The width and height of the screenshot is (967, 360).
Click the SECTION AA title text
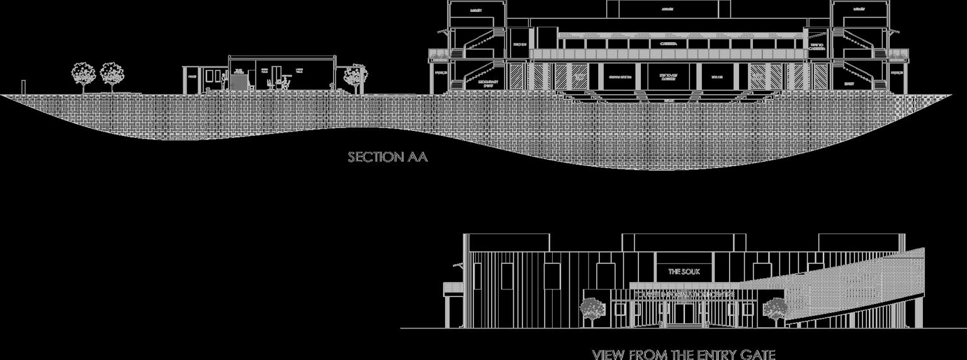(x=388, y=157)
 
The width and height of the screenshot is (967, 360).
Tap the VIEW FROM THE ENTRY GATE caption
(x=684, y=354)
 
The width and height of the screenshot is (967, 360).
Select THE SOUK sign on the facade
(x=684, y=271)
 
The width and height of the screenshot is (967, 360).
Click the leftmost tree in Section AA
(x=83, y=74)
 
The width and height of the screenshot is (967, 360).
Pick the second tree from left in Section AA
(x=112, y=74)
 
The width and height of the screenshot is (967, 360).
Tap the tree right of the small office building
(x=356, y=76)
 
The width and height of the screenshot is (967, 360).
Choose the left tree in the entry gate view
(x=592, y=309)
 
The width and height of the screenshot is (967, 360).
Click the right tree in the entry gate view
(x=775, y=309)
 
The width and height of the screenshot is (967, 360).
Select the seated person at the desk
(x=285, y=82)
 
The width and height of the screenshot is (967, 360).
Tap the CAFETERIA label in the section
(x=669, y=44)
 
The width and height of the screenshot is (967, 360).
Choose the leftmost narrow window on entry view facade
(x=477, y=276)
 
